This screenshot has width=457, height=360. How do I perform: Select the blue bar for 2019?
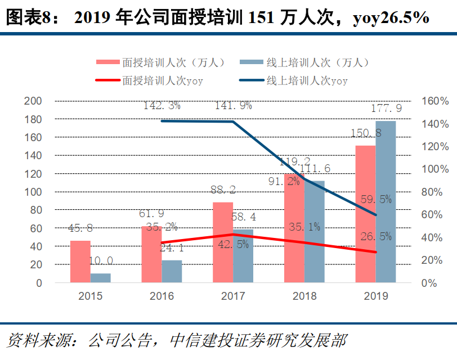pos(386,202)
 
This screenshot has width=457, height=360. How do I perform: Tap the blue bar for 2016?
pos(172,272)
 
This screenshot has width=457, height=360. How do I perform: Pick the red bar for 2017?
pos(223,242)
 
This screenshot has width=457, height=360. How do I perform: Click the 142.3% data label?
pos(162,105)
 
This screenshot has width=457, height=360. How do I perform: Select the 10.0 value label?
pos(101,260)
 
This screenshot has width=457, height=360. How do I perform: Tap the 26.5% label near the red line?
pos(377,237)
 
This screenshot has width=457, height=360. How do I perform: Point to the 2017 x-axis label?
pos(233,296)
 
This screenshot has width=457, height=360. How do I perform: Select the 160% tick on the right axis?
pos(434,101)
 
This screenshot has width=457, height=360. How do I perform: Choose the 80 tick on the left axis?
pos(35,210)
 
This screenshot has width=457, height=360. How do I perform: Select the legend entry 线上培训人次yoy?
pos(301,81)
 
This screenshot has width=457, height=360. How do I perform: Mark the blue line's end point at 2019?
pos(375,215)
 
